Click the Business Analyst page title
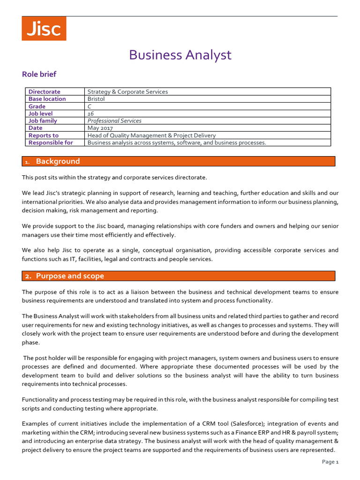pos(180,55)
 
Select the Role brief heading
pos(39,74)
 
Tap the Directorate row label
pos(44,92)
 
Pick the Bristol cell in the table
pos(96,99)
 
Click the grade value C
pos(90,106)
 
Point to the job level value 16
pos(90,113)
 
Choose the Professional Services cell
pos(114,121)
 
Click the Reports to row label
pos(44,135)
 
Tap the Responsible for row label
pos(51,142)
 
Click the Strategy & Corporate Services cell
pos(127,92)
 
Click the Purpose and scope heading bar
pos(179,276)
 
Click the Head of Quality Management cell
pos(151,135)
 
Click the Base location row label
pos(47,99)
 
